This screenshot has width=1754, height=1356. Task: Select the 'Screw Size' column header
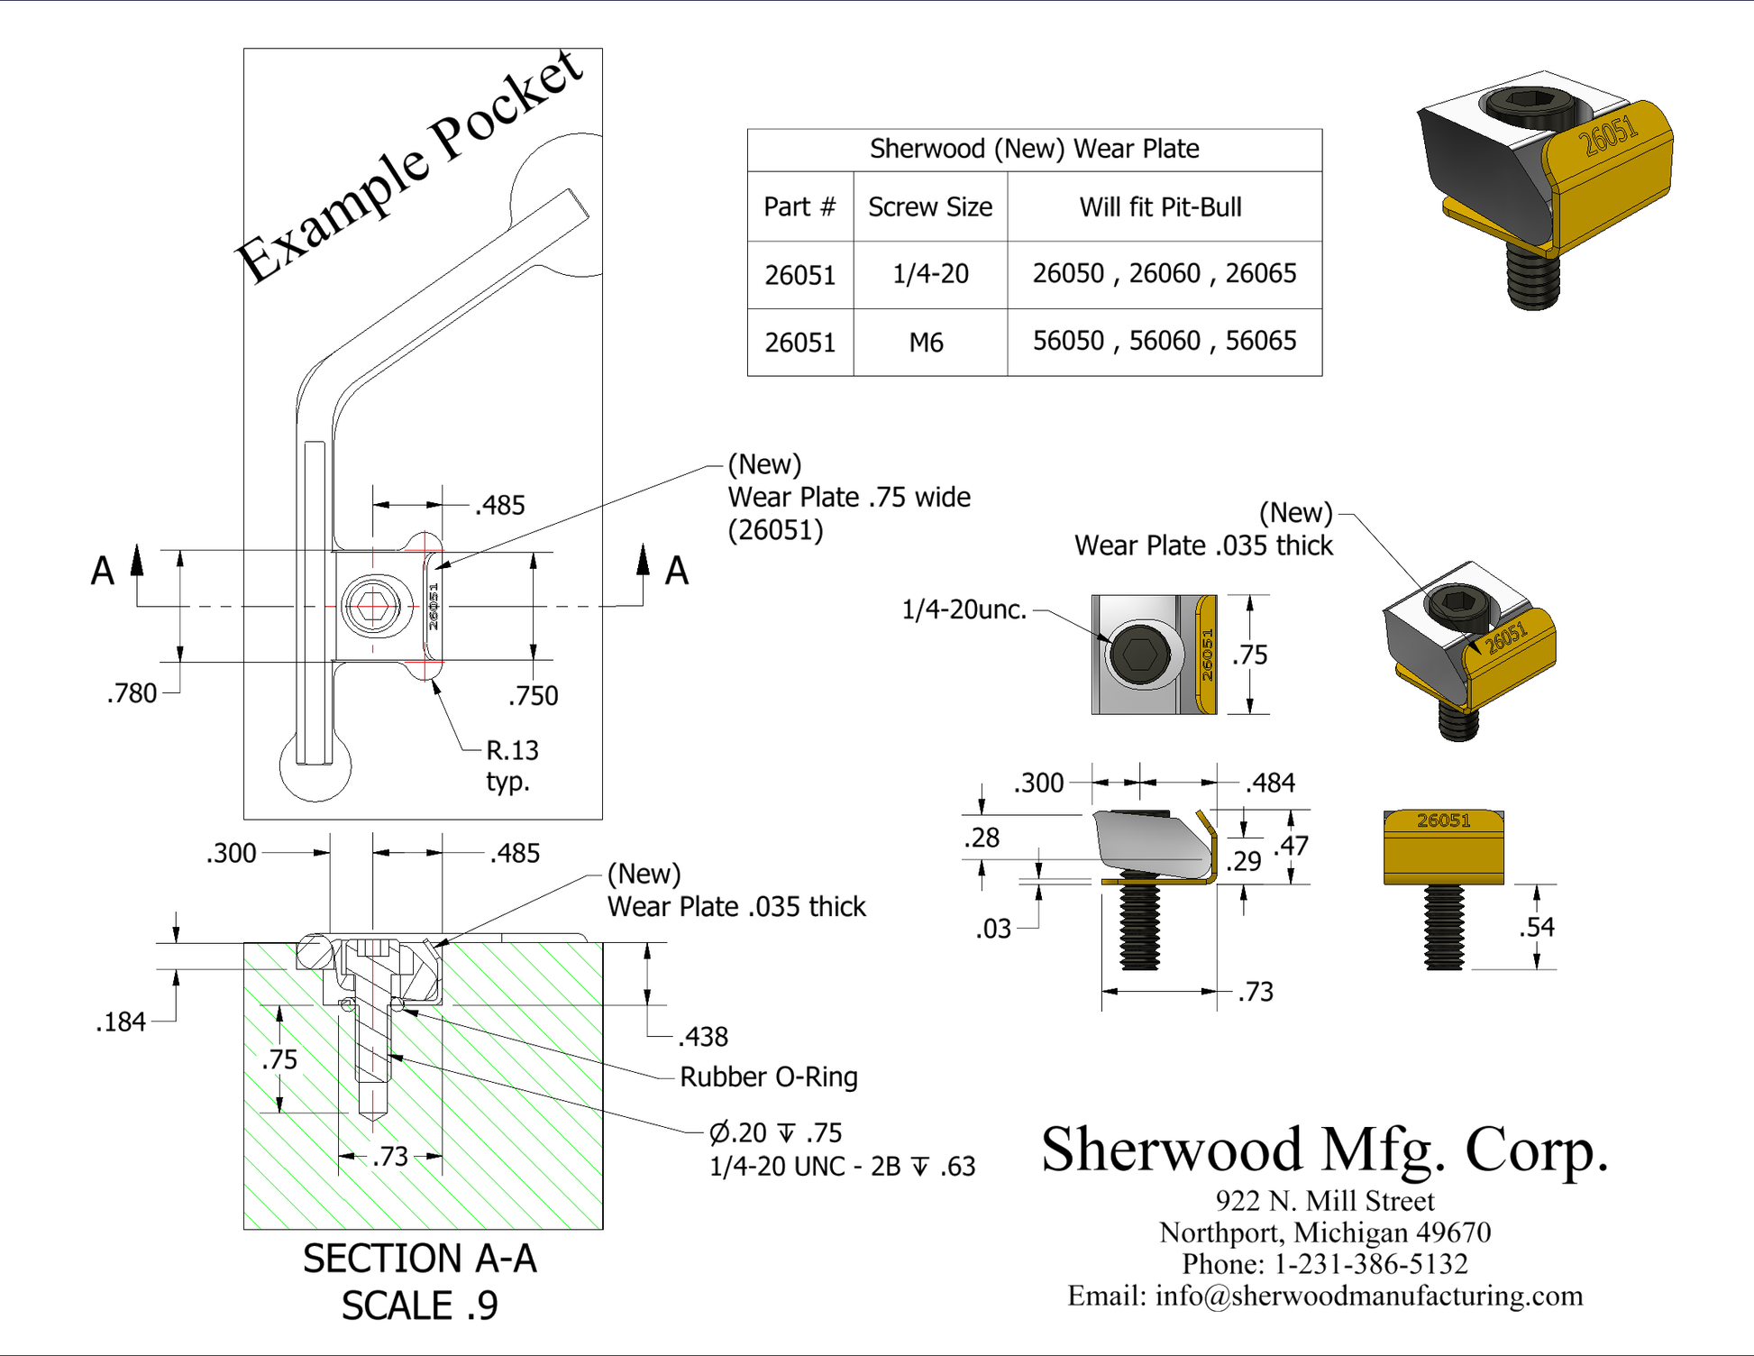[929, 207]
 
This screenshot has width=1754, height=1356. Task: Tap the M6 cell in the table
[926, 343]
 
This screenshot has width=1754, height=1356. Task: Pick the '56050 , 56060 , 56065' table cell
[1164, 341]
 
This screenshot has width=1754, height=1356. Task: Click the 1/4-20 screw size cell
[929, 274]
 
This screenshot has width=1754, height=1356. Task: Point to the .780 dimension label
[132, 693]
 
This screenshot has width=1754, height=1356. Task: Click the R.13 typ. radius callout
[511, 765]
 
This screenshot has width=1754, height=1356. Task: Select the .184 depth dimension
[121, 1022]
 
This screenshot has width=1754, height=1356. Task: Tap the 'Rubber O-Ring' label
[768, 1077]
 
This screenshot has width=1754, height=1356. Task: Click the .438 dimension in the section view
[703, 1037]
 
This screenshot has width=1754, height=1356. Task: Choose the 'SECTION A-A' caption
[419, 1259]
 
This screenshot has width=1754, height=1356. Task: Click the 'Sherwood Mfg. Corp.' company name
[1324, 1150]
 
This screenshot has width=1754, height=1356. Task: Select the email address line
[1324, 1296]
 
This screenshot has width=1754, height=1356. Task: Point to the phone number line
[1324, 1264]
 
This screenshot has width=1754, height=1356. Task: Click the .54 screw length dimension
[1536, 927]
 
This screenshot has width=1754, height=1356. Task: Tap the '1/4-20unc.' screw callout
[964, 609]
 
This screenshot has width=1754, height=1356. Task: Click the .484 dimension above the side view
[1270, 783]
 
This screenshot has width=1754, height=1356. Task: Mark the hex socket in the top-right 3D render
[1529, 101]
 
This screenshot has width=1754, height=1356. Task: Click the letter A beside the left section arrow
[103, 571]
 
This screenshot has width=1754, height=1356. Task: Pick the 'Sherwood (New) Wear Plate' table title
[1034, 149]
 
